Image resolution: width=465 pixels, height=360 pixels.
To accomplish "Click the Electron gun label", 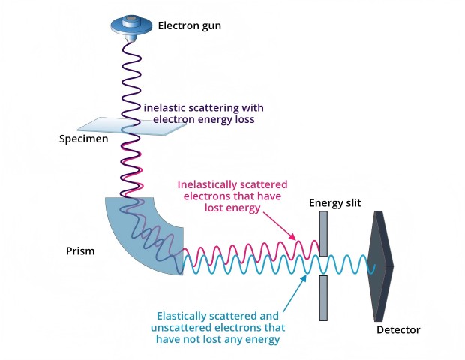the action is [190, 25].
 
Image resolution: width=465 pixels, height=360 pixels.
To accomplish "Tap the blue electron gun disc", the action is [131, 25].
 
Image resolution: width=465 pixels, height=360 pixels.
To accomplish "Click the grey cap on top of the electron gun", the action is [131, 19].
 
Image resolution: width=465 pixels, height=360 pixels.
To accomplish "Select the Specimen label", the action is [84, 139].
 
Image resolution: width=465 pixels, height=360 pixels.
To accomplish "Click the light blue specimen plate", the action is [132, 126].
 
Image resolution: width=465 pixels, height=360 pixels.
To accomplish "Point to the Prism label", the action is [80, 250].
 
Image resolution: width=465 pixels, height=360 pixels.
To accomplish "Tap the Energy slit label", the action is [334, 203].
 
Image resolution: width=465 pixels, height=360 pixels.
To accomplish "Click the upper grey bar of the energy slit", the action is [323, 234].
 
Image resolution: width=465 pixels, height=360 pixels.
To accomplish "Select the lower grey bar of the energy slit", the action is [323, 298].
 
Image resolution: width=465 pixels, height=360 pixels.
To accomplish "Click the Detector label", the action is [398, 330].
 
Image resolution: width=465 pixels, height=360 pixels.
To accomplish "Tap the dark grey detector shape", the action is [380, 266].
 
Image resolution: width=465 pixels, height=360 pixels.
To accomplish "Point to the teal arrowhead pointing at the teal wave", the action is [304, 278].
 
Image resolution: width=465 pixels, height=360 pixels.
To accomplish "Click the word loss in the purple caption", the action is [244, 119].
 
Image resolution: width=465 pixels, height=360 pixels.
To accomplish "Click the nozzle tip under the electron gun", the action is [130, 39].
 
